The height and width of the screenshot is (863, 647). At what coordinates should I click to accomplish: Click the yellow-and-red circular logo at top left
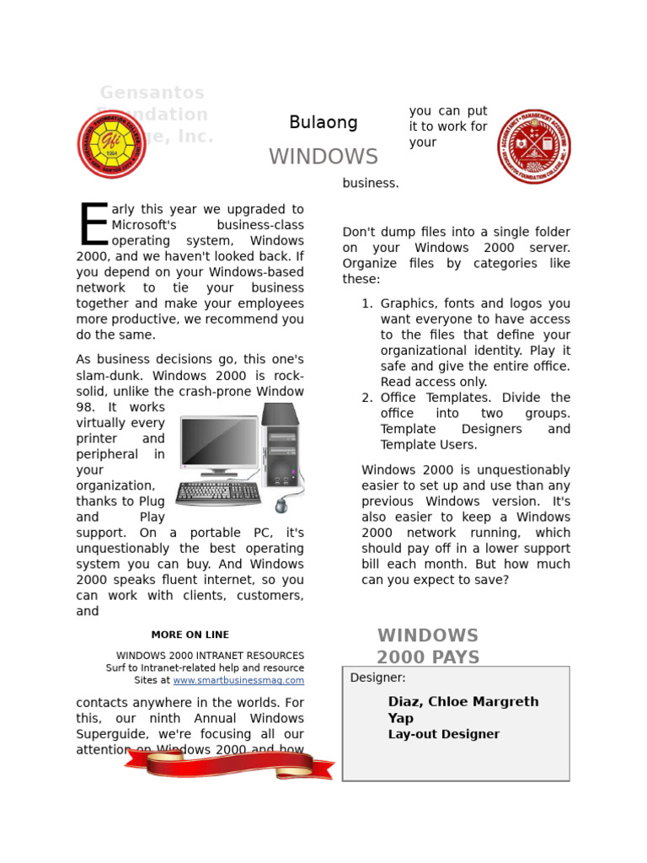coord(112,144)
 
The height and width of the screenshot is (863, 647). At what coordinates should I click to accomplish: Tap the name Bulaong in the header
coord(323,123)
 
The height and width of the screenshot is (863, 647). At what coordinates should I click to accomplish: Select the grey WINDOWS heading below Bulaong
coord(323,157)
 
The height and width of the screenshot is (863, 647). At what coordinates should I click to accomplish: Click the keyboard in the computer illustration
coord(218,493)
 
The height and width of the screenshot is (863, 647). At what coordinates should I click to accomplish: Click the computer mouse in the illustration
coord(281,505)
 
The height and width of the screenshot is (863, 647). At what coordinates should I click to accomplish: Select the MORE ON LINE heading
coord(190,635)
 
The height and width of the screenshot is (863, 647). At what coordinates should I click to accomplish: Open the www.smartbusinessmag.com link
coord(238,680)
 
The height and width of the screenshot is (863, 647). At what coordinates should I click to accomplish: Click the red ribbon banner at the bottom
coord(229,764)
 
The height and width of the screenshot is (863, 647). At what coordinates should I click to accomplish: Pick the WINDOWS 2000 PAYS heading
coord(428,646)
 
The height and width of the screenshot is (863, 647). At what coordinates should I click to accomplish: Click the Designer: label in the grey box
coord(377,678)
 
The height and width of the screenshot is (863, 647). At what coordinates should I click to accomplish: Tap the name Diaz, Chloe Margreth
coord(463,702)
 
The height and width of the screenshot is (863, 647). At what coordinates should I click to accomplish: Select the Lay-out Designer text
coord(443,735)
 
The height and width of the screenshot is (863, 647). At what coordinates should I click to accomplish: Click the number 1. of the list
coord(367,303)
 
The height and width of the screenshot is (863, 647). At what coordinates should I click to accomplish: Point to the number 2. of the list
coord(367,398)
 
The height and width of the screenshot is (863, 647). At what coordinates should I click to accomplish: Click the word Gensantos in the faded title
coord(152,93)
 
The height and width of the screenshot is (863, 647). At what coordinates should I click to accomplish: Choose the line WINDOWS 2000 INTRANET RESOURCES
coord(210,655)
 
